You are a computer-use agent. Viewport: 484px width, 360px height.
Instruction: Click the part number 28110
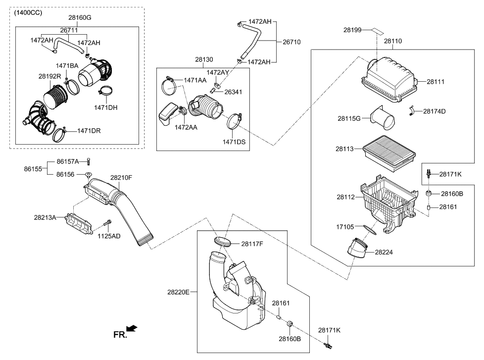[x=393, y=42]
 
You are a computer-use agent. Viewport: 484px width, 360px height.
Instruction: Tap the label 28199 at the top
[x=354, y=30]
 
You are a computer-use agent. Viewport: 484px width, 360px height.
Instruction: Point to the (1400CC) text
[x=28, y=13]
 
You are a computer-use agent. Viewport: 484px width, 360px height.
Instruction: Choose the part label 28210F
[x=121, y=177]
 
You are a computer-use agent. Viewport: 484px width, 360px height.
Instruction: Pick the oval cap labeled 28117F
[x=223, y=242]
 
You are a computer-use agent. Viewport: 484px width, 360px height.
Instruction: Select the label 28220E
[x=178, y=293]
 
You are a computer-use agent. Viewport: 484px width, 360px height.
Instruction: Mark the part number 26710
[x=291, y=42]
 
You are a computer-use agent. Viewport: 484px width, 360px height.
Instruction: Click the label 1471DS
[x=234, y=142]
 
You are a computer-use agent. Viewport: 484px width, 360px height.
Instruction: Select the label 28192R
[x=49, y=77]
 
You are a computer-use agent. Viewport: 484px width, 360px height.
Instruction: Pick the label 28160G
[x=80, y=18]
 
